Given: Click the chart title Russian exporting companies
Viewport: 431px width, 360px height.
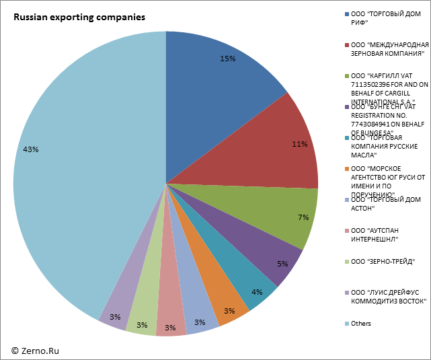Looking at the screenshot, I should [79, 17].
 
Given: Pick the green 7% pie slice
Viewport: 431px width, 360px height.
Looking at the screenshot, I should [282, 212].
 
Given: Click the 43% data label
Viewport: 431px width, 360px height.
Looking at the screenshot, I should [30, 149].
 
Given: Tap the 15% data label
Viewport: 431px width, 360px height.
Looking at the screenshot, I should [227, 59].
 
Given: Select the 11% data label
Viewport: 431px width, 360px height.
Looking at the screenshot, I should [300, 144].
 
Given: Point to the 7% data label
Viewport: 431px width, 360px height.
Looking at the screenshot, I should [303, 217].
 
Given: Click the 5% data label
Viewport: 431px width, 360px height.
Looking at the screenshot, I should [282, 264].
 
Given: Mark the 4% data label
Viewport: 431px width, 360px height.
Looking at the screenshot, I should [257, 292].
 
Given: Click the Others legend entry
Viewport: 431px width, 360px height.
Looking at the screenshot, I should [360, 324].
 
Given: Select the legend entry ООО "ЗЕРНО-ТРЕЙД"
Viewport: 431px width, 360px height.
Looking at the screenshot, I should [382, 262].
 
